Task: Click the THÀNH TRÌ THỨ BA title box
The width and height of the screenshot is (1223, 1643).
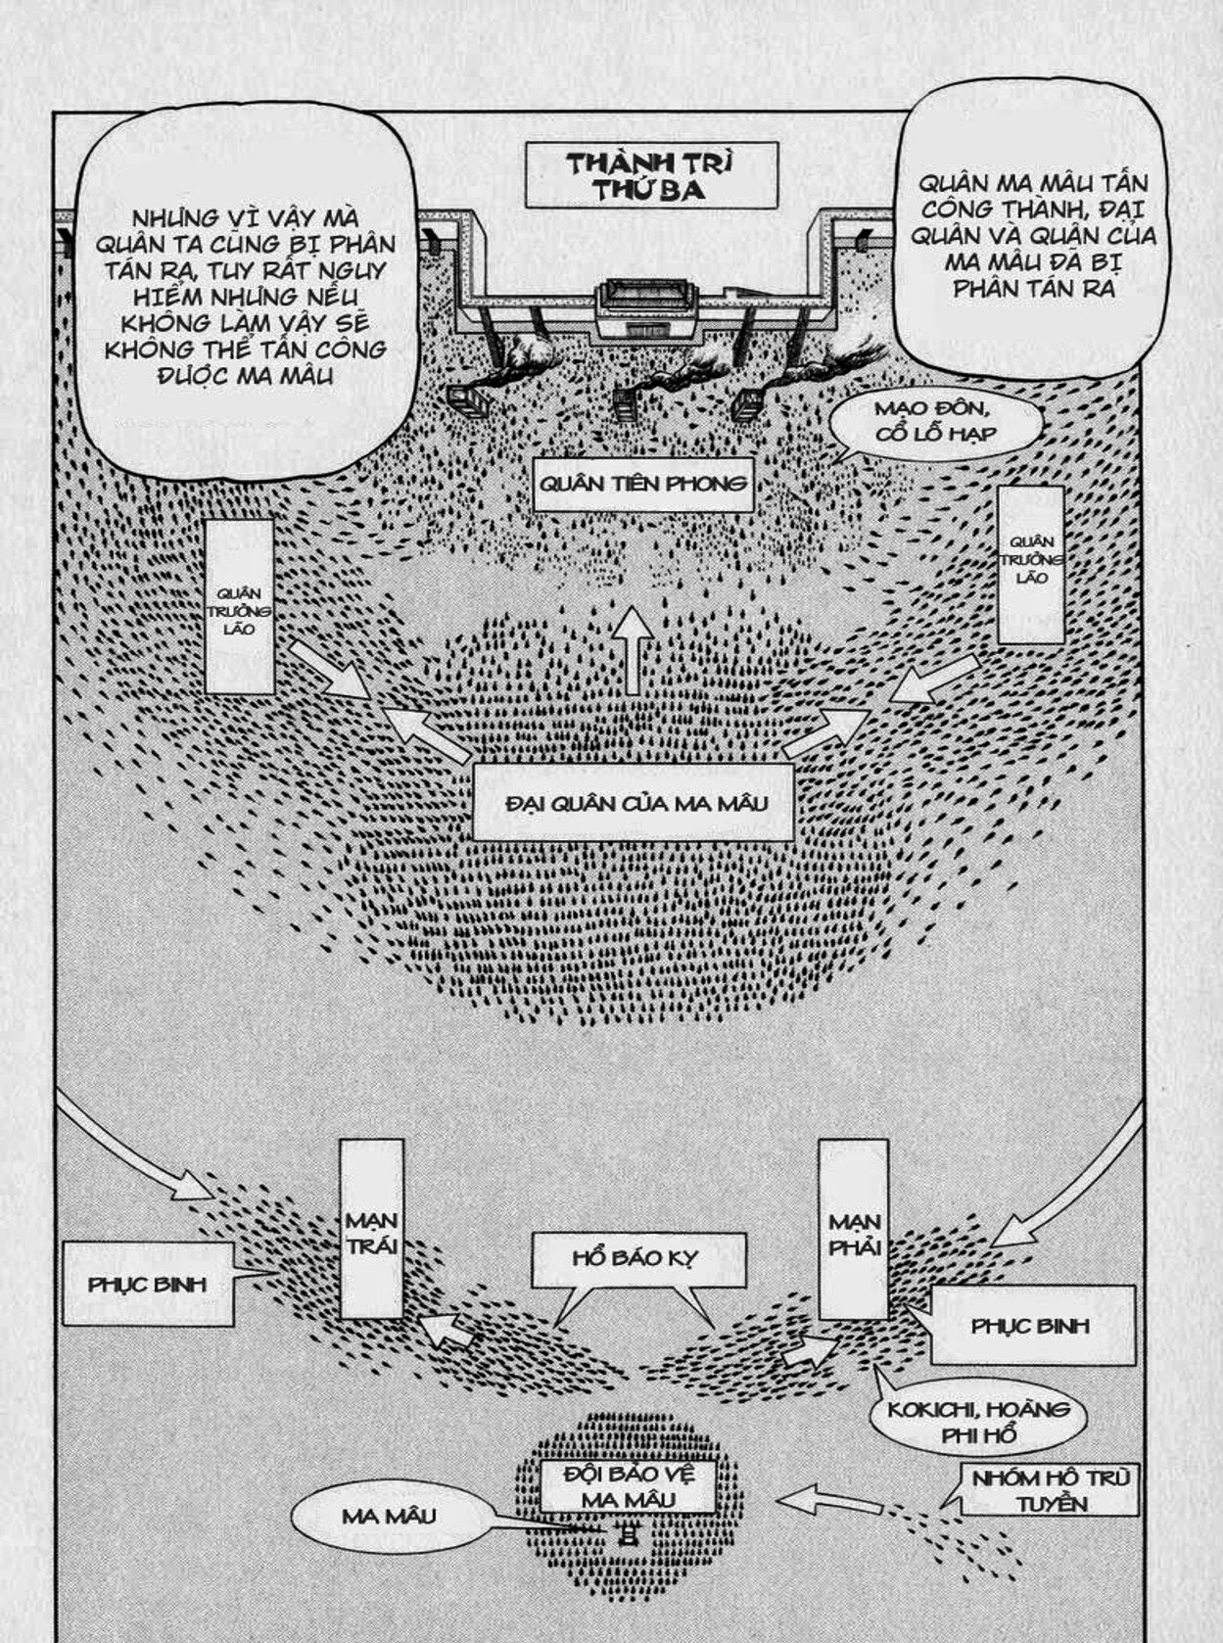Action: coord(651,175)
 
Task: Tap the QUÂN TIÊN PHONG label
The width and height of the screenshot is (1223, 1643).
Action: coord(643,484)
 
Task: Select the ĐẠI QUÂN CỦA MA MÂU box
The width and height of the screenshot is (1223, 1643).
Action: coord(633,803)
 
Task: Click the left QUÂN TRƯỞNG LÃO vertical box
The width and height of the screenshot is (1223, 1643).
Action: coord(240,607)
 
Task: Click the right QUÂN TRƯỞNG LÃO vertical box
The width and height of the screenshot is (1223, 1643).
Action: coord(1030,562)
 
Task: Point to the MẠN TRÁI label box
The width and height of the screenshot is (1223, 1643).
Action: coord(371,1230)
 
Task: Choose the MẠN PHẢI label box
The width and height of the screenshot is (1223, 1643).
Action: coord(854,1230)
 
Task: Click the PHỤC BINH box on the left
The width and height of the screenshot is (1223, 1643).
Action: coord(148,1284)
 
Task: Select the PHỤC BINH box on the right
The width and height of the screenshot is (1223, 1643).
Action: coord(1031,1326)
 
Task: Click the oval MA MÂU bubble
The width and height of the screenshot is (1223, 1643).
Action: coord(389,1516)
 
